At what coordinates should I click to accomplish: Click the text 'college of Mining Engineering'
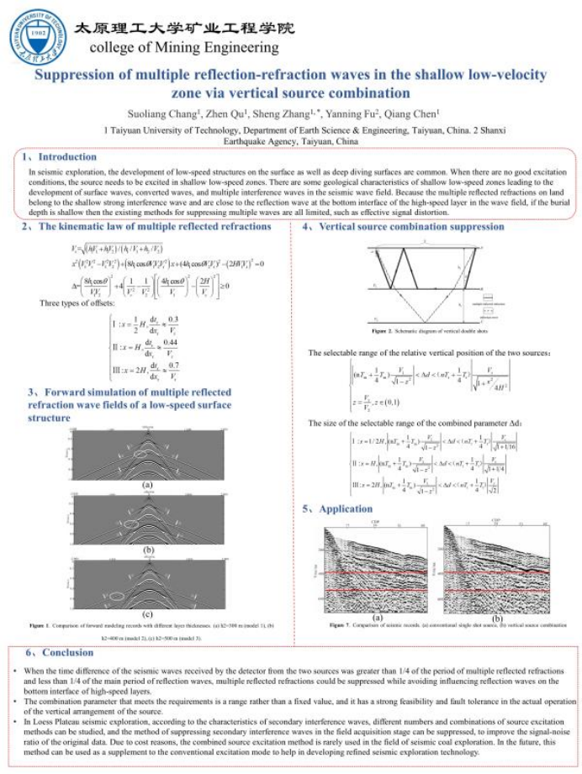[183, 47]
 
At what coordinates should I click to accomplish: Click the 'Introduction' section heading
[67, 157]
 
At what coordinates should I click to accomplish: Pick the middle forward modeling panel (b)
[146, 519]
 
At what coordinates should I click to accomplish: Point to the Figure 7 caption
[446, 625]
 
